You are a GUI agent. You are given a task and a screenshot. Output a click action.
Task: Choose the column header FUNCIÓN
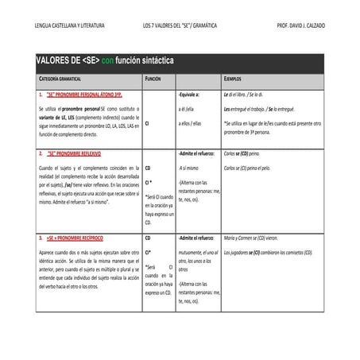coord(153,80)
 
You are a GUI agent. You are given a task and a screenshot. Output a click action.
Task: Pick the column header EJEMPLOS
coord(234,80)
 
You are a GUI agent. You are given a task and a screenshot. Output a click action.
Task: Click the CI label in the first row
coord(148,124)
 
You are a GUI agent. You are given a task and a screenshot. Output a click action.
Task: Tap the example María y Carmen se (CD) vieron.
coord(257,238)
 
